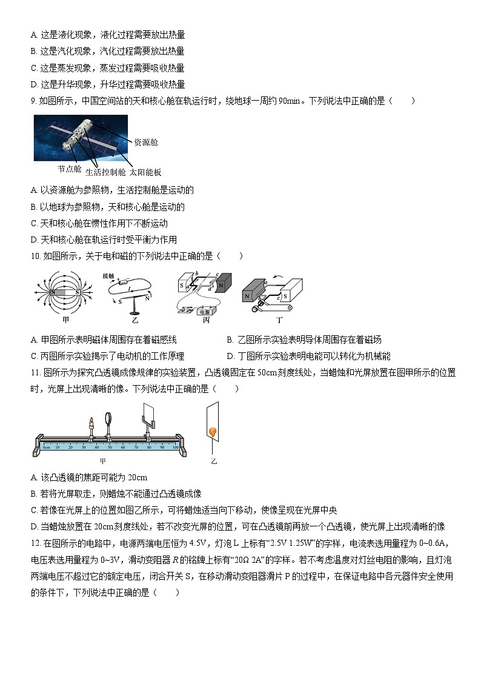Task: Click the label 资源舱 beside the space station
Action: click(146, 142)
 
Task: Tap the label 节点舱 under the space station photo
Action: click(69, 169)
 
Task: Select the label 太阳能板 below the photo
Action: click(145, 172)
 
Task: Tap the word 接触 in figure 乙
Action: click(108, 275)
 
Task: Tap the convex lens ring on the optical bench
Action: click(110, 418)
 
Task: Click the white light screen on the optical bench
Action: click(147, 414)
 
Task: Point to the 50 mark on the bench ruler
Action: click(110, 447)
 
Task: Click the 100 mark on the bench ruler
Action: click(175, 447)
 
